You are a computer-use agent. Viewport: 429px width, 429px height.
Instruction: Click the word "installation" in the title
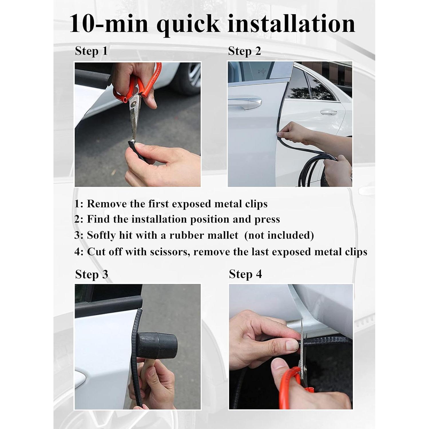pyautogui.click(x=291, y=23)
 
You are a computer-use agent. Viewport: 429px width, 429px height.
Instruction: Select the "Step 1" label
pyautogui.click(x=91, y=51)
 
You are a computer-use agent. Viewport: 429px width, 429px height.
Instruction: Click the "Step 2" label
pyautogui.click(x=245, y=51)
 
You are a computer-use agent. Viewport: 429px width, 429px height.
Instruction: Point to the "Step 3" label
pyautogui.click(x=92, y=274)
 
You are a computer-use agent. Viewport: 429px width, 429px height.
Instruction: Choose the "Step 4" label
pyautogui.click(x=245, y=274)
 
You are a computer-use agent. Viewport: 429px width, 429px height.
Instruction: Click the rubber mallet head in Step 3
pyautogui.click(x=157, y=345)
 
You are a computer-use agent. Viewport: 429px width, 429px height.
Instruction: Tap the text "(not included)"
pyautogui.click(x=279, y=235)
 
